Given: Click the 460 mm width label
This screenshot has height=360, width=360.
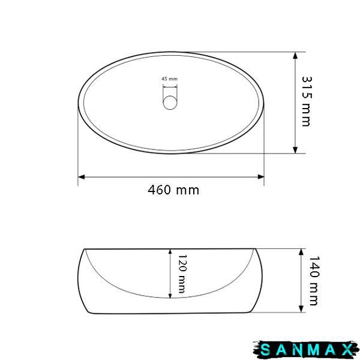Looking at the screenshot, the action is coord(173,190).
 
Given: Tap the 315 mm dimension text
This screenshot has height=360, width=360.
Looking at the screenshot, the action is coord(307,101).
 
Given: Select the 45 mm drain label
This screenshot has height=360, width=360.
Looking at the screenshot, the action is coord(169,79).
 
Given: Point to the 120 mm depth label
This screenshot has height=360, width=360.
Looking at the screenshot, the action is coord(182,274).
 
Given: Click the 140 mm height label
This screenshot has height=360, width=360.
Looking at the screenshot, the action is coord(314,281).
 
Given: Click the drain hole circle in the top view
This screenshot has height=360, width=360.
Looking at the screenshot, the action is coord(170,103).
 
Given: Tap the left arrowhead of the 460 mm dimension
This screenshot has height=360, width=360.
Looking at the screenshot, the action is coord(81,177).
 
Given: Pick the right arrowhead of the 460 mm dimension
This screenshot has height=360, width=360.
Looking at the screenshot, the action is coord(261,177).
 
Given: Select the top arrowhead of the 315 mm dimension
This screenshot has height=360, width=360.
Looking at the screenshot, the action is coord(295,56).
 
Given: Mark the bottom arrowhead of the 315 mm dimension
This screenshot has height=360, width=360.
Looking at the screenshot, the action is coord(295,150).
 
